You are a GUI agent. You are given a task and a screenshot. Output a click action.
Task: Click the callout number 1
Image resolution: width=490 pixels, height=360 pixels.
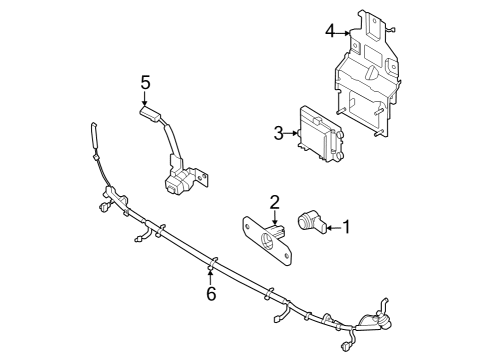(x=347, y=227)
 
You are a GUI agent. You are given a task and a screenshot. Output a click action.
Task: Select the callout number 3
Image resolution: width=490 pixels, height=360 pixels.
(x=279, y=132)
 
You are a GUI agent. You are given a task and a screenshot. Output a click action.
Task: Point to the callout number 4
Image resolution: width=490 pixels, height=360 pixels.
(x=329, y=31)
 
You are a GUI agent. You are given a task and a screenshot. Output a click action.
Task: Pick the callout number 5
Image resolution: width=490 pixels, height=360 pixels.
(x=145, y=82)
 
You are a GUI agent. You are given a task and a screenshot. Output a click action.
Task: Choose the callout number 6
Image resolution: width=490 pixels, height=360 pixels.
(x=211, y=293)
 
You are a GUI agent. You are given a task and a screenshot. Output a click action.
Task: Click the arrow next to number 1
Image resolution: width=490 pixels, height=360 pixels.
(x=333, y=227)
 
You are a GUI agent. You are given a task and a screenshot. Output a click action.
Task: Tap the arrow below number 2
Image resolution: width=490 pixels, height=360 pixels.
(x=274, y=221)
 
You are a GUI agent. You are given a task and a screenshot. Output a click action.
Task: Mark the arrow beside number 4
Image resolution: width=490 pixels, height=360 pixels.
(x=344, y=32)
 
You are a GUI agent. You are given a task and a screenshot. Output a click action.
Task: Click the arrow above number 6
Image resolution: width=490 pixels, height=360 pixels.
(x=211, y=276)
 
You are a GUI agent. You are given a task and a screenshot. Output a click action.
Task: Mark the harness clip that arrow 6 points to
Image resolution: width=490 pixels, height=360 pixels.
(x=211, y=265)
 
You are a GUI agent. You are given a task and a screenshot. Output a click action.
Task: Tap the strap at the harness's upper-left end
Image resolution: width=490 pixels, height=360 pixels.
(x=94, y=134)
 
